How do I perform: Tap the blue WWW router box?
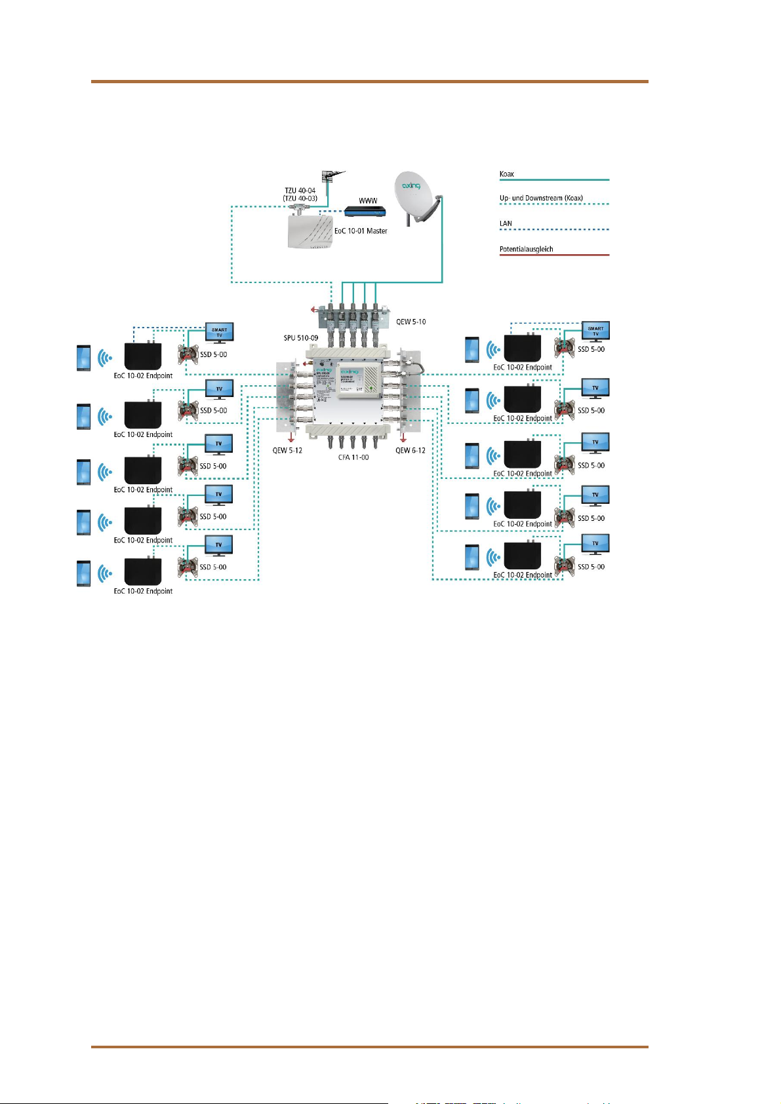(365, 212)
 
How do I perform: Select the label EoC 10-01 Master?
(361, 231)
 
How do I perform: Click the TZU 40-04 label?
(300, 191)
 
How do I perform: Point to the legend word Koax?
(507, 174)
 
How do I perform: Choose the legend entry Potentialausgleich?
(526, 249)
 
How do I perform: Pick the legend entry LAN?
(506, 223)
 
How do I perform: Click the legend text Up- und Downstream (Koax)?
(541, 198)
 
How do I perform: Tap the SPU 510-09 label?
(301, 338)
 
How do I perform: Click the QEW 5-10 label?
(411, 322)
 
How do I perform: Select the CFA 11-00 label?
(353, 457)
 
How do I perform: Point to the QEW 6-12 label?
(411, 450)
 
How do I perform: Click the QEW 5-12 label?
(287, 450)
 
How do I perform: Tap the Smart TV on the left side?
(219, 332)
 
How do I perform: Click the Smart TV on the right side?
(595, 331)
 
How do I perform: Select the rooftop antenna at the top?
(329, 176)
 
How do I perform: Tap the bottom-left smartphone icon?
(83, 573)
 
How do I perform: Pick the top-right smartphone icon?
(471, 349)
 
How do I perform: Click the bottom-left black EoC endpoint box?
(143, 572)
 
